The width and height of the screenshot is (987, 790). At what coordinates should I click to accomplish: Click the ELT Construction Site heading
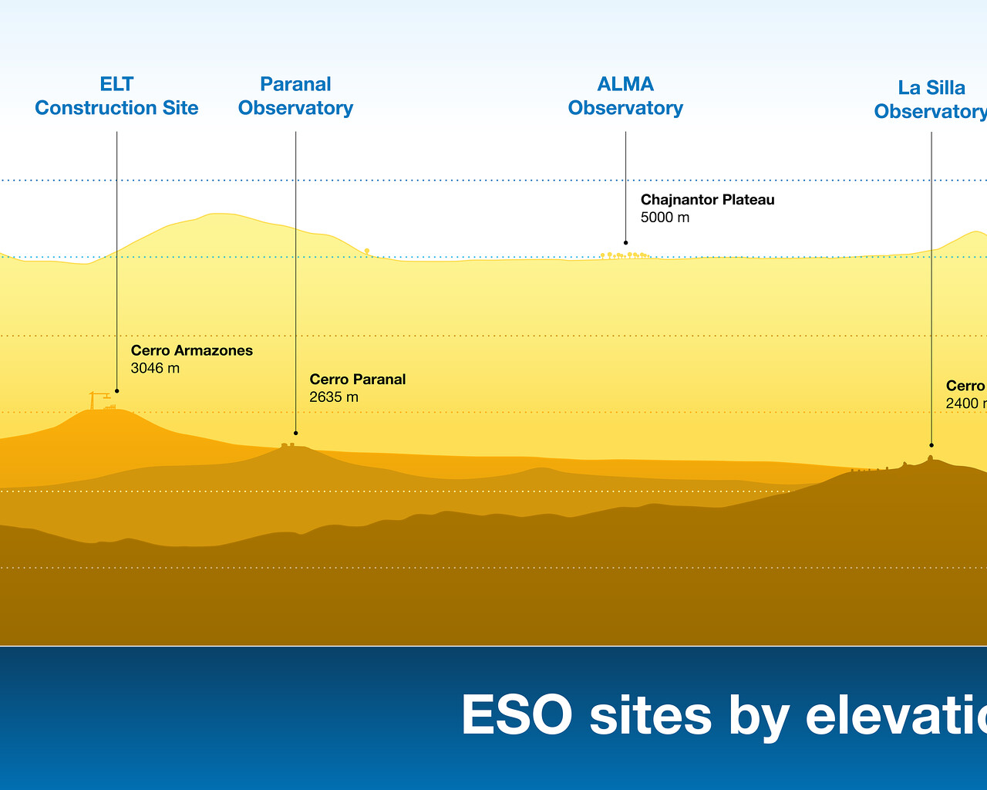point(116,96)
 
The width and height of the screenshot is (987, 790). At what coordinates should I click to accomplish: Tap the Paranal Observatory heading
point(295,96)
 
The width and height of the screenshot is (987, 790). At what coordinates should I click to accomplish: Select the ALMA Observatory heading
point(625,96)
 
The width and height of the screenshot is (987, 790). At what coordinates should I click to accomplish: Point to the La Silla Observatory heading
point(930,100)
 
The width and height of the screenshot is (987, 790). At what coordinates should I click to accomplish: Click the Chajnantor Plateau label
point(707,200)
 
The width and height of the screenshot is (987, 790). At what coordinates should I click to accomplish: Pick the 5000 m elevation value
point(665,218)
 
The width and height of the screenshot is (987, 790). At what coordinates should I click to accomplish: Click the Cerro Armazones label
point(191,350)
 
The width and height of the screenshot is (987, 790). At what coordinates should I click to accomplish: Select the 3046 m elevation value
point(155,368)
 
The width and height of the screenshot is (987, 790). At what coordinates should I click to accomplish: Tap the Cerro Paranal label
point(357,379)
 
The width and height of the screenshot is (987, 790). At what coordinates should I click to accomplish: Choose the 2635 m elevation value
point(333,397)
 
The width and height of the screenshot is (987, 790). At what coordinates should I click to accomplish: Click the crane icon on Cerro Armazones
point(98,400)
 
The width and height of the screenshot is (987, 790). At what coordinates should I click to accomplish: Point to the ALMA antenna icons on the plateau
point(625,255)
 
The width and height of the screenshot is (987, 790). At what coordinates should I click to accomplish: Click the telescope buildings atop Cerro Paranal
point(288,444)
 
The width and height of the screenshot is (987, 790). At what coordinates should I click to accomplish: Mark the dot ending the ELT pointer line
point(116,391)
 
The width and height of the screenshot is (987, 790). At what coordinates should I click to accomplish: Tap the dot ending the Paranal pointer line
point(295,433)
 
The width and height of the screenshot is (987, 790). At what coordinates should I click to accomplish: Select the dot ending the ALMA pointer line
point(625,242)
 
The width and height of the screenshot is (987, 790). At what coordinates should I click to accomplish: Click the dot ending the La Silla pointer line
point(931,445)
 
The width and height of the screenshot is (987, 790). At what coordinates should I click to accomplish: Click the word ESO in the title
point(516,715)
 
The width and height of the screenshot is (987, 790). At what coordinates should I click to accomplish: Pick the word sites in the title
point(650,715)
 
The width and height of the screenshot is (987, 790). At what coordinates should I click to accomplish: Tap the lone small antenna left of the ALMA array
point(367,251)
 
